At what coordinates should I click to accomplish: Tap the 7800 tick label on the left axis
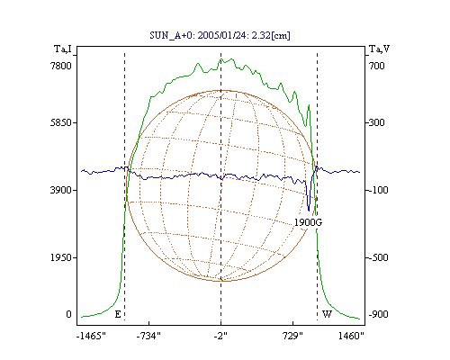click(61, 66)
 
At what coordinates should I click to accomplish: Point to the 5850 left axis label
click(61, 122)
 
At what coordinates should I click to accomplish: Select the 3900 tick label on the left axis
click(61, 190)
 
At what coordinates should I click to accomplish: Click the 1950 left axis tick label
click(61, 257)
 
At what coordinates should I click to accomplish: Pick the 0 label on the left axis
click(68, 314)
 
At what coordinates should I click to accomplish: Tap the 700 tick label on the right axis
click(377, 66)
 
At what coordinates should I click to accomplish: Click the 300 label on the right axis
click(377, 122)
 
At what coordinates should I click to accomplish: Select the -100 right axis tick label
click(378, 190)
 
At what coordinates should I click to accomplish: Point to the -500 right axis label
click(378, 257)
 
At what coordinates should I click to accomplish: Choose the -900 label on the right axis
click(378, 314)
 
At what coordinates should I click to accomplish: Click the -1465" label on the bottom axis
click(92, 336)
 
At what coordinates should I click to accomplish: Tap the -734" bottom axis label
click(148, 336)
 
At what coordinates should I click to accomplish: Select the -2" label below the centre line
click(220, 336)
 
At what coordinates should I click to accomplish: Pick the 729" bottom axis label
click(293, 336)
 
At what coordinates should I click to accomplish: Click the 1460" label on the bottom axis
click(351, 336)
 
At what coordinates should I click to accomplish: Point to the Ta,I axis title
click(63, 49)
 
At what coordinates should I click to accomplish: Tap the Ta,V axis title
click(380, 49)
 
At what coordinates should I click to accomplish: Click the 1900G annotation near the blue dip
click(308, 222)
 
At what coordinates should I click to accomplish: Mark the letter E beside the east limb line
click(118, 314)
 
